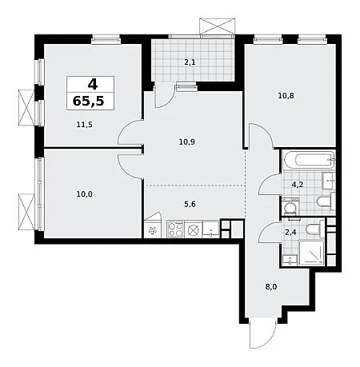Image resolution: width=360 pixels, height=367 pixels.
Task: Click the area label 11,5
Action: coord(84,125)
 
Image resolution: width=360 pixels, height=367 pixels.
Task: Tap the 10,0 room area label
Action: coord(84,194)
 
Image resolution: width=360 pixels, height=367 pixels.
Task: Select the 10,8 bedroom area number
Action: coord(286,95)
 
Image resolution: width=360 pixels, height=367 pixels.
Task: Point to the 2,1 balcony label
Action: coord(190,62)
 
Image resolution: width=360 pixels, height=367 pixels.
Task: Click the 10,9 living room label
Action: coord(186,142)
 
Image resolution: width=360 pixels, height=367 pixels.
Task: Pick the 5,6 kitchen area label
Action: coord(190,204)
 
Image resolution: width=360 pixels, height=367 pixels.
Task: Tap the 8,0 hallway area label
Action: coord(271,287)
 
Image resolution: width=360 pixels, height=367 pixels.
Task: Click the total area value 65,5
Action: coord(88,101)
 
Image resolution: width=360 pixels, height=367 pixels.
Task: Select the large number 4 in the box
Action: coord(93,85)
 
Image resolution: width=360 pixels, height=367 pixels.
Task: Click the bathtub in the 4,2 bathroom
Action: coord(309,160)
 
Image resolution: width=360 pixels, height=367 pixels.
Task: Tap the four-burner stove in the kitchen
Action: coord(175,229)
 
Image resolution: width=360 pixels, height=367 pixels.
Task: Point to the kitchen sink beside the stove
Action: coord(211,229)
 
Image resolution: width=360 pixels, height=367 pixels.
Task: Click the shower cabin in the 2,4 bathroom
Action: coord(311,253)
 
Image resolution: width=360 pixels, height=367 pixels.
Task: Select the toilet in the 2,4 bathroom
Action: coord(314,229)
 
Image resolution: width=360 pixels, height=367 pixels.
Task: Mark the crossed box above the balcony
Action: coord(218,26)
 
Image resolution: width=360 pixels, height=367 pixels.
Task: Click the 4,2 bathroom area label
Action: coord(298,184)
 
